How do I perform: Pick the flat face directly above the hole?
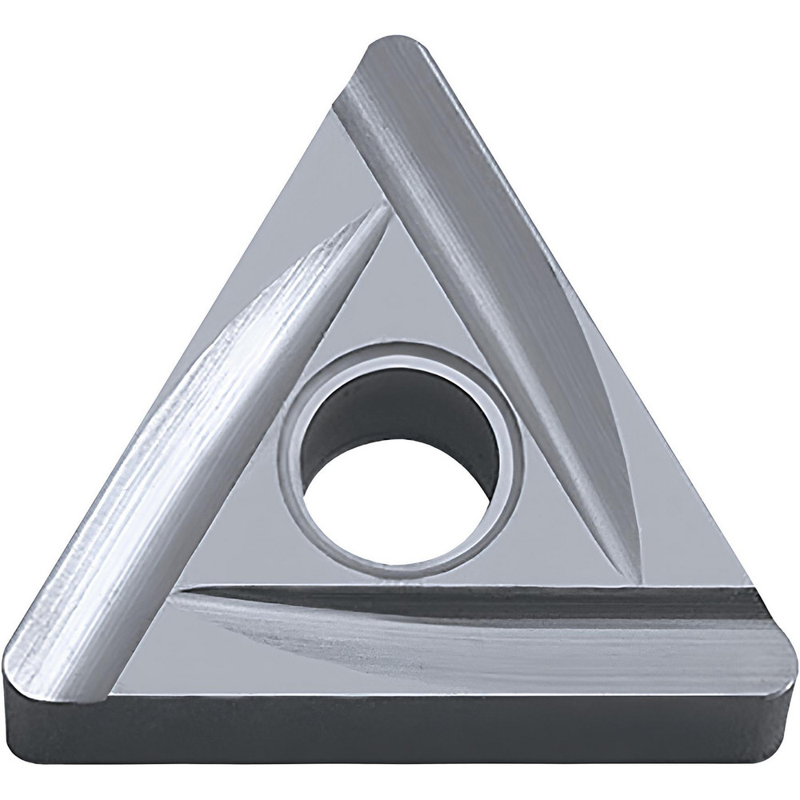pyautogui.click(x=400, y=320)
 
